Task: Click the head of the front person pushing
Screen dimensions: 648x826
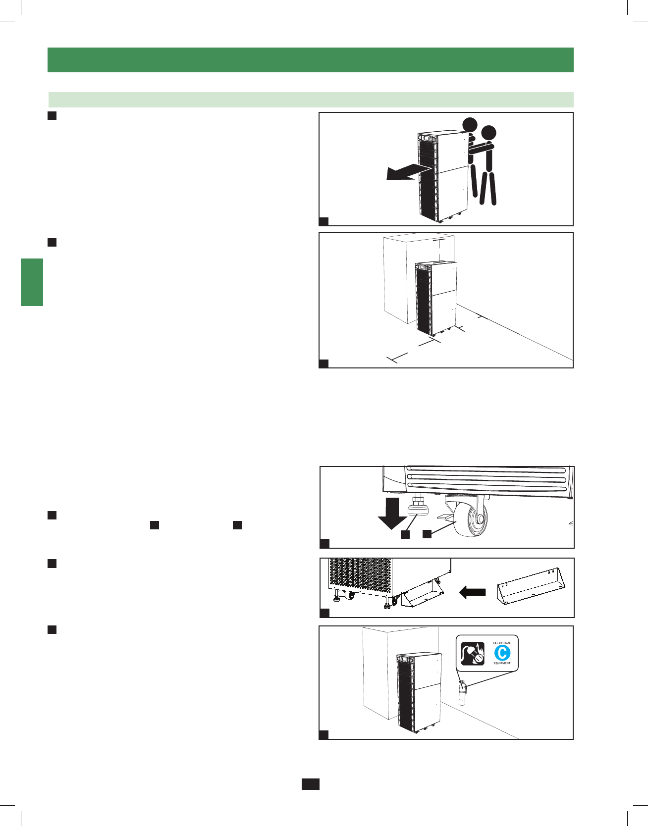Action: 470,124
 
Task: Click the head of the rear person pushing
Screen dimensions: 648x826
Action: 488,133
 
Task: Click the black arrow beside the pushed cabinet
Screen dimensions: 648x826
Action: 404,173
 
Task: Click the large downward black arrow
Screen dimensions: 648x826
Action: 392,515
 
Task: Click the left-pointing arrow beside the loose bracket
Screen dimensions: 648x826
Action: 472,592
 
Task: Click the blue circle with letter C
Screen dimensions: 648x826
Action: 502,653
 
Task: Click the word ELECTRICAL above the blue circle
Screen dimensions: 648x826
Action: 502,643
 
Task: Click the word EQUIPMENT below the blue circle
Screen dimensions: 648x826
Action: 502,663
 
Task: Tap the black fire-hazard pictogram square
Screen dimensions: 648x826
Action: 473,653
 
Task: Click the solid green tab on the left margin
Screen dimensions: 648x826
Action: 32,282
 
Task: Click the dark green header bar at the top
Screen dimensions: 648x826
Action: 311,60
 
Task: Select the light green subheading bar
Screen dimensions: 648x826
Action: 311,100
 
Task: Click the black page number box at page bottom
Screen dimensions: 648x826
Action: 311,784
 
